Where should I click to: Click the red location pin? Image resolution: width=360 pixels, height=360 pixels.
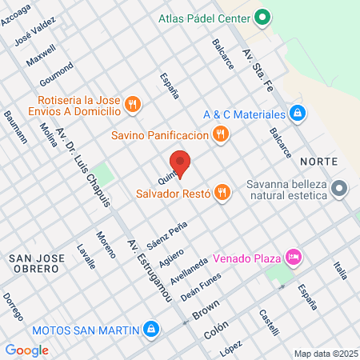click(181, 162)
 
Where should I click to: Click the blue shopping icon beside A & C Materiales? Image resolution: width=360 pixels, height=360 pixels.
click(297, 114)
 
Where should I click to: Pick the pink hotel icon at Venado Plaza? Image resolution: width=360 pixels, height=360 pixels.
click(294, 258)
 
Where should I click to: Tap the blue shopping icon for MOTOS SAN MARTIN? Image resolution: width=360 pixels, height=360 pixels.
click(150, 328)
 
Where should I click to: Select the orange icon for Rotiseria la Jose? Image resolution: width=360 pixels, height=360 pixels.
click(133, 102)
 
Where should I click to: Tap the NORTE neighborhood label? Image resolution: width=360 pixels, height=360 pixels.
click(318, 162)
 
